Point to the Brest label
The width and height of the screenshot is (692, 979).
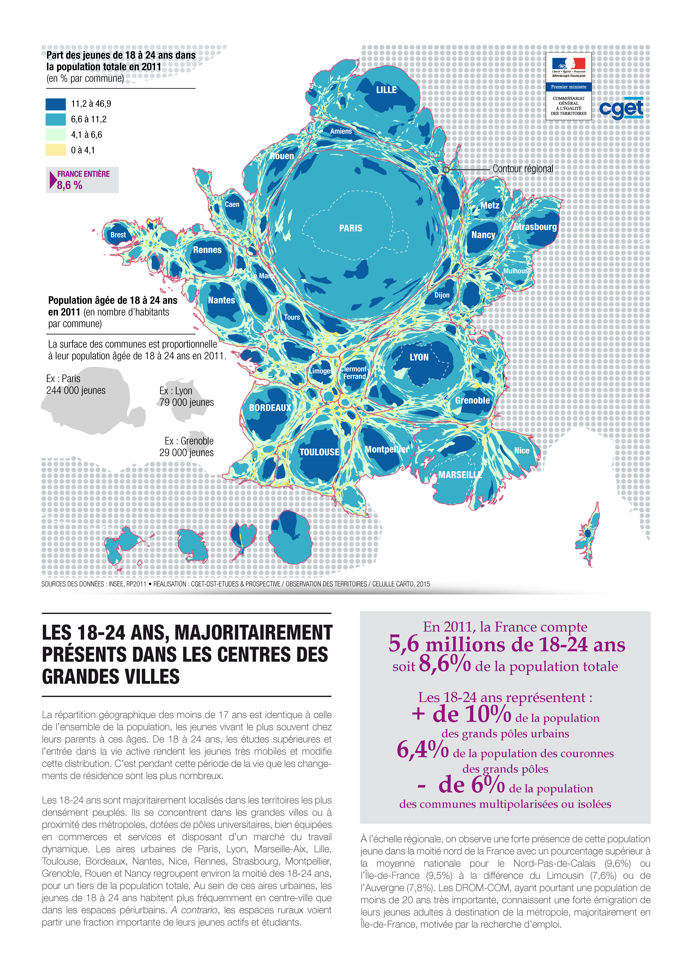click(x=118, y=235)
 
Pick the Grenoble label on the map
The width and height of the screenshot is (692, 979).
click(x=472, y=400)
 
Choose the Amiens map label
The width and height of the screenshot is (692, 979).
click(x=341, y=131)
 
